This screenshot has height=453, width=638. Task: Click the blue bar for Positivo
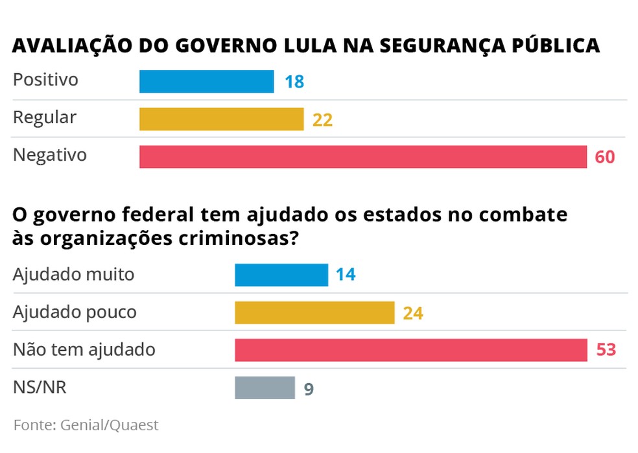(206, 82)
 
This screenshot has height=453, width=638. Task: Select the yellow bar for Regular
(221, 119)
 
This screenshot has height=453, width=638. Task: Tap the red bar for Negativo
(363, 157)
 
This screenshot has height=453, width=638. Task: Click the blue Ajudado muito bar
(281, 275)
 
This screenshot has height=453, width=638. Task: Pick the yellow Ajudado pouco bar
(314, 313)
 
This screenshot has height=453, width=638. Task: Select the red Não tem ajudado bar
(410, 350)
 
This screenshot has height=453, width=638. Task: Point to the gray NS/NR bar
(265, 388)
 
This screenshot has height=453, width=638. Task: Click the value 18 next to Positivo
(294, 82)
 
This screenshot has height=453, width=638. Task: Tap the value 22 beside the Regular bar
(322, 120)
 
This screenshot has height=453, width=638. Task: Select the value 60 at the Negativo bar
(604, 157)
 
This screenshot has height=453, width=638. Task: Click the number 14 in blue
(346, 275)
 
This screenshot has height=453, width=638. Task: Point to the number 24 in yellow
(413, 314)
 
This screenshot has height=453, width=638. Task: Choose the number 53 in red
(605, 351)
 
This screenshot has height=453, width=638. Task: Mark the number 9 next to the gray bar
(309, 389)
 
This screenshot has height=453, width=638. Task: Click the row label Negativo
(50, 156)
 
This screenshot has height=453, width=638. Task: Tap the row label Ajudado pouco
(75, 312)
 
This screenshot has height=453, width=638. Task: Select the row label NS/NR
(40, 388)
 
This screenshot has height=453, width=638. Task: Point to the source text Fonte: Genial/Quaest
(86, 425)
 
